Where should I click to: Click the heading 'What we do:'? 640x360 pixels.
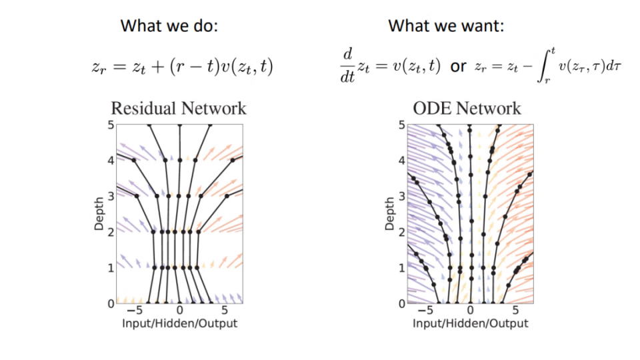pyautogui.click(x=169, y=26)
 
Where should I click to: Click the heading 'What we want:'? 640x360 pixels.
pyautogui.click(x=446, y=26)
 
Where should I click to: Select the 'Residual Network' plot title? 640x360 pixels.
pyautogui.click(x=179, y=109)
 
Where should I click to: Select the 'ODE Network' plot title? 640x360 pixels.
pyautogui.click(x=467, y=109)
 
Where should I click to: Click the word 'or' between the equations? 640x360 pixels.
pyautogui.click(x=458, y=66)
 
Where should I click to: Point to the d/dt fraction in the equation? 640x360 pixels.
pyautogui.click(x=348, y=65)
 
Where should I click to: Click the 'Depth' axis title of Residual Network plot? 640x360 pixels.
pyautogui.click(x=99, y=214)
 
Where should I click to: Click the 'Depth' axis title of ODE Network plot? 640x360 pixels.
pyautogui.click(x=389, y=214)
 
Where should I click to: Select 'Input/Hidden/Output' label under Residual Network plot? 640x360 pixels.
pyautogui.click(x=179, y=324)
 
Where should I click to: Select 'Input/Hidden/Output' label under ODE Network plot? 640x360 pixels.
pyautogui.click(x=470, y=324)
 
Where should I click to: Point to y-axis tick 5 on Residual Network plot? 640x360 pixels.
pyautogui.click(x=111, y=125)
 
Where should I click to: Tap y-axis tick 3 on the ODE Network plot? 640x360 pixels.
pyautogui.click(x=401, y=196)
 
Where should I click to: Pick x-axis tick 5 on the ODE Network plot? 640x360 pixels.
pyautogui.click(x=515, y=310)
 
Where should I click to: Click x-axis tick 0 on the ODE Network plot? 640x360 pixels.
pyautogui.click(x=470, y=310)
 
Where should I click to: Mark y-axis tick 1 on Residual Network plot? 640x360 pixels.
pyautogui.click(x=111, y=268)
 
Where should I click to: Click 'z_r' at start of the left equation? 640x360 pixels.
pyautogui.click(x=99, y=67)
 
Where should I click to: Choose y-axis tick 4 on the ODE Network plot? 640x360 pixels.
pyautogui.click(x=401, y=161)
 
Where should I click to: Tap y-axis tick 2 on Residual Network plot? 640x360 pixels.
pyautogui.click(x=111, y=232)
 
